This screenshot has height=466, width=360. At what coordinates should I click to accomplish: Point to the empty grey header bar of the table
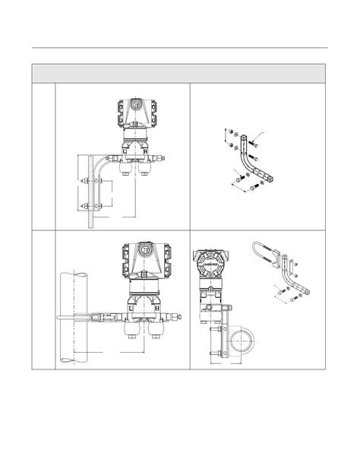pyautogui.click(x=179, y=73)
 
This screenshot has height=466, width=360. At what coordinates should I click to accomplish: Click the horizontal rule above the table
pyautogui.click(x=179, y=48)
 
